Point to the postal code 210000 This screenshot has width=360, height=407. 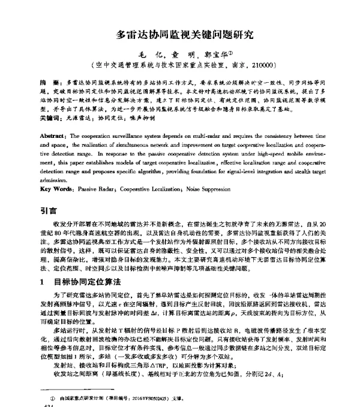coord(261,64)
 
